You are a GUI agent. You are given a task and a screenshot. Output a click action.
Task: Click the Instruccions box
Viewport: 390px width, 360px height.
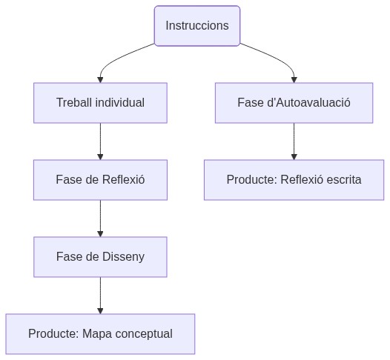coord(197,25)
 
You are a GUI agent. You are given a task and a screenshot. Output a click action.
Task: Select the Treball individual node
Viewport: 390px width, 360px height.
coord(100,102)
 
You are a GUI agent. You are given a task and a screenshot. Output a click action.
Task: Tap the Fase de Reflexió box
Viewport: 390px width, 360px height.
coord(100,179)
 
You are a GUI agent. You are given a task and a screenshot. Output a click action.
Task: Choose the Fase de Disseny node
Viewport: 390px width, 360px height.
coord(100,256)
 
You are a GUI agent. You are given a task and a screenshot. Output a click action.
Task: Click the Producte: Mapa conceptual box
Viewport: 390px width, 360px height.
coord(100,333)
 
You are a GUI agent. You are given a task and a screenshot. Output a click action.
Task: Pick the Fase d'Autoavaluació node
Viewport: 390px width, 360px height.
coord(294,102)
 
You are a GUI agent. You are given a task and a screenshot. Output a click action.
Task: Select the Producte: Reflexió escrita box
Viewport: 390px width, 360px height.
coord(294,179)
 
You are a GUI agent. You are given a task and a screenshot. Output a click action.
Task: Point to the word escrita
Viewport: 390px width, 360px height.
coord(342,179)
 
